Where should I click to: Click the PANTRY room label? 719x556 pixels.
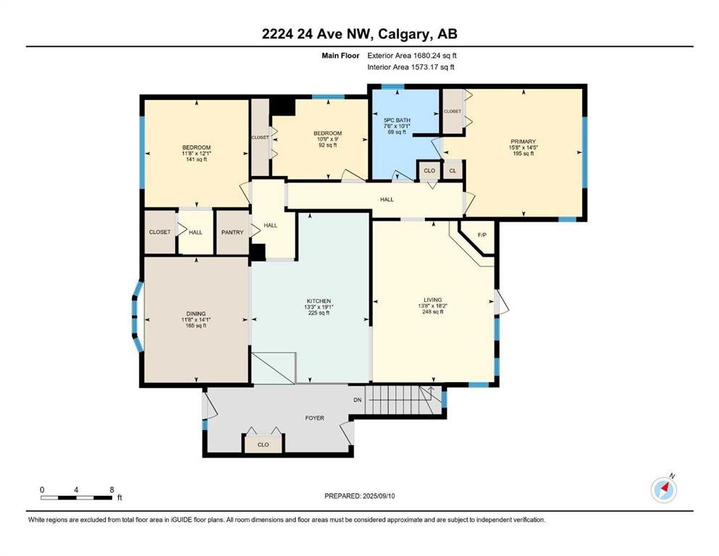tap(232, 232)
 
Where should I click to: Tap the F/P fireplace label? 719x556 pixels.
tap(482, 235)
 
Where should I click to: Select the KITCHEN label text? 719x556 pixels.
tap(319, 301)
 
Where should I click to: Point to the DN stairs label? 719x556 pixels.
tap(358, 400)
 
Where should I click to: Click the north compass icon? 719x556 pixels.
tap(664, 489)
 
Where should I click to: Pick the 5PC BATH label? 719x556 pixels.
tap(397, 120)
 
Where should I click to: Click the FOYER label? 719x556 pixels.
tap(314, 418)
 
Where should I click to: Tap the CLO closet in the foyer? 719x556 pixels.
tap(264, 445)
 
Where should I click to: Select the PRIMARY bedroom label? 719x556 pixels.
tap(523, 142)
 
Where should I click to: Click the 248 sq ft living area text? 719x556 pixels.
tap(433, 312)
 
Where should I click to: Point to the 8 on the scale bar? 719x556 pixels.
tap(112, 489)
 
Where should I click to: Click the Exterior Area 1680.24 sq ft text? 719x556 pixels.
tap(412, 56)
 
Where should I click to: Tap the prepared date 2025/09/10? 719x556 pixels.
tap(378, 496)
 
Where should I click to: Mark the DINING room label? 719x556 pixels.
tap(195, 314)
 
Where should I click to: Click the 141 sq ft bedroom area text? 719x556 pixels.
tap(196, 159)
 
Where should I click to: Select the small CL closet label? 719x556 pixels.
tap(453, 171)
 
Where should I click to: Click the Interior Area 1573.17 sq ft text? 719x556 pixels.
tap(411, 67)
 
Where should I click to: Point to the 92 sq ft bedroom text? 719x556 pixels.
tap(327, 145)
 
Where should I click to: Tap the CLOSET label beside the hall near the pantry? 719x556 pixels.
tap(159, 232)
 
